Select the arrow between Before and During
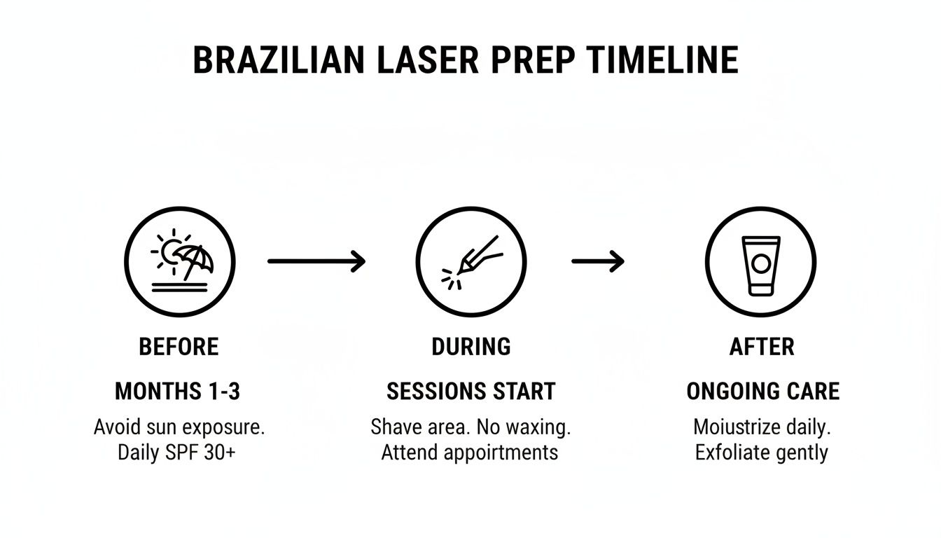point(316,261)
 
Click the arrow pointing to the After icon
point(597,261)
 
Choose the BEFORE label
point(179,347)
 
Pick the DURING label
point(470,347)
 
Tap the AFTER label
point(762,347)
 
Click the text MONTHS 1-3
point(177,392)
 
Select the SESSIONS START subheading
point(470,392)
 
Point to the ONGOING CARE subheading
point(762,392)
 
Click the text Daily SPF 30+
point(176,453)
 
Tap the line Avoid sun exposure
point(179,427)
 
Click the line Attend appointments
point(469,453)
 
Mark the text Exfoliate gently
point(761,453)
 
